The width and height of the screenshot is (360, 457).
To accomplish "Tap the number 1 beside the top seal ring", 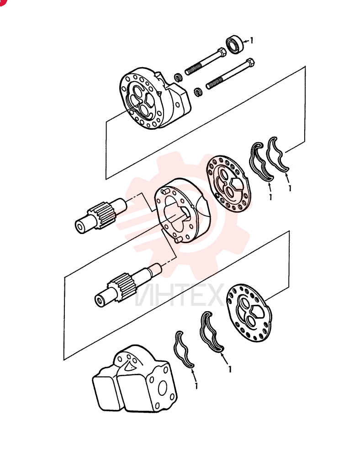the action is [x=251, y=40].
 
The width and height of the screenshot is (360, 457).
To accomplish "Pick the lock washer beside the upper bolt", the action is [x=178, y=77].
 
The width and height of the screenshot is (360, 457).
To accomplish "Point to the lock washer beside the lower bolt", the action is [x=198, y=91].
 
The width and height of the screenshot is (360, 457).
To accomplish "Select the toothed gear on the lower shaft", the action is [x=122, y=287].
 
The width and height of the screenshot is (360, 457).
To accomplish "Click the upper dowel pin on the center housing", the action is [x=165, y=191].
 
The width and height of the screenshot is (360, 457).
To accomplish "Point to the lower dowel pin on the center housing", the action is [x=179, y=239].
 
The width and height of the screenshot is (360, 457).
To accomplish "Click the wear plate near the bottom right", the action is [x=249, y=313].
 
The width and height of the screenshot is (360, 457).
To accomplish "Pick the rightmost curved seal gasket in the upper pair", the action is [x=277, y=154].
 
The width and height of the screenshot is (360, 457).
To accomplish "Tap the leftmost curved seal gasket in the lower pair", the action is [x=183, y=349].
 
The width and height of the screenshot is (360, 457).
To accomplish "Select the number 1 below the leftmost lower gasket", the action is [x=196, y=386].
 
